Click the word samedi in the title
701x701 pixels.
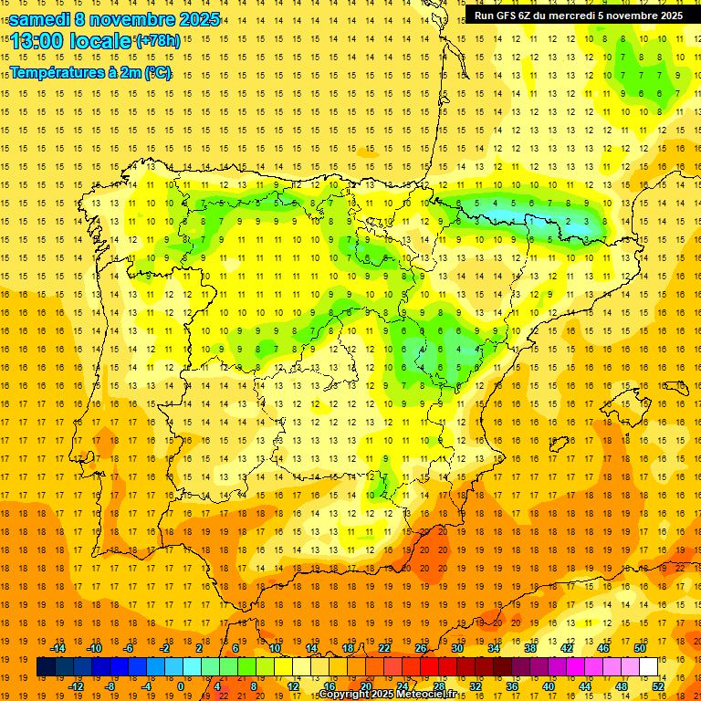[39, 19]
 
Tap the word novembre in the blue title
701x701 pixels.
[133, 19]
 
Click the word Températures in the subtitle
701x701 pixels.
[55, 72]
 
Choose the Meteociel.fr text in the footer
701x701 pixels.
[436, 695]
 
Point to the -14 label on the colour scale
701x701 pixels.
[58, 649]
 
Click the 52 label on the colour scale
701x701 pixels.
[658, 685]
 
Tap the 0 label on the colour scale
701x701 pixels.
[181, 685]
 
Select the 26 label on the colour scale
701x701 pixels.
[421, 649]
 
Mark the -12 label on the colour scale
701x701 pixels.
[76, 685]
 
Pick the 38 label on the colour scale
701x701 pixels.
[529, 649]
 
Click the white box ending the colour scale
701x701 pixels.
[649, 667]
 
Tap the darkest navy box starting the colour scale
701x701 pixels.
[46, 667]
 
